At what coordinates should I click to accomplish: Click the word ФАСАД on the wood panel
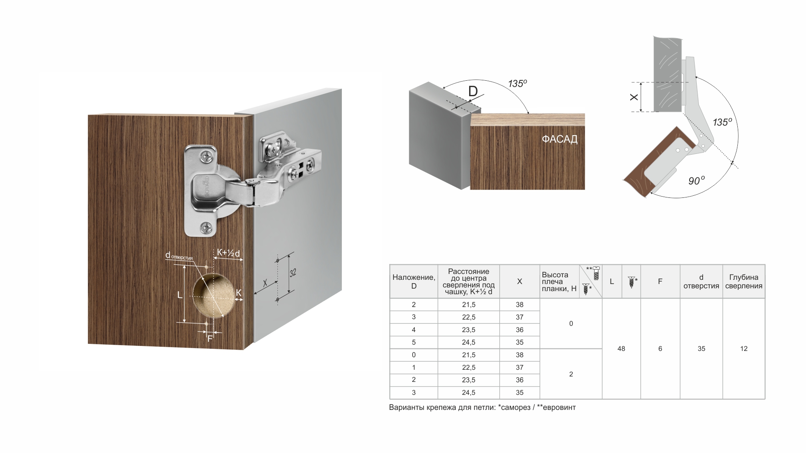560,139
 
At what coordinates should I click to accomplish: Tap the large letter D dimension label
473,91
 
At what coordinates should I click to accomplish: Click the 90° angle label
697,181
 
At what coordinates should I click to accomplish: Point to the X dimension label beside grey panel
634,97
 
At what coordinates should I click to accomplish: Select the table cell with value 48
621,348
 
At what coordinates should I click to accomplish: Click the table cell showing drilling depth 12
744,348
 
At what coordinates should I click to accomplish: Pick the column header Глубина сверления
744,282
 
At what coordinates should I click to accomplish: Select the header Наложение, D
414,282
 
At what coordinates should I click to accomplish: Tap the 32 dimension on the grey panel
293,273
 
